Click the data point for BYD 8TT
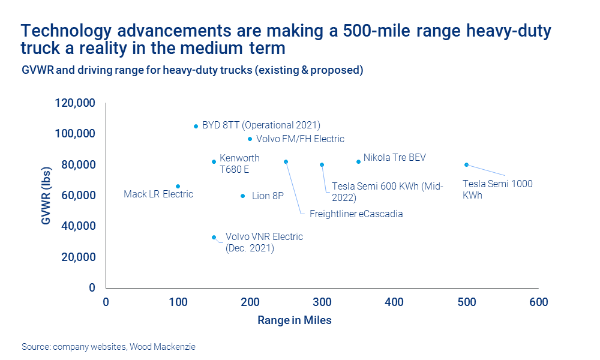coord(196,126)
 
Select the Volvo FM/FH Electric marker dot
coord(250,139)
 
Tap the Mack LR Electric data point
coord(178,186)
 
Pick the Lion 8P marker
coord(242,196)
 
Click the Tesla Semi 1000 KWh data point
coord(466,164)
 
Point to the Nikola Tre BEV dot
coord(358,161)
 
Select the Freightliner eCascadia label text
coord(356,214)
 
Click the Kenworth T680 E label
coord(239,164)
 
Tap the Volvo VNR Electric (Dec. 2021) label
coord(263,242)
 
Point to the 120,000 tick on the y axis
coord(74,103)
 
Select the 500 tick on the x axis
coord(467,302)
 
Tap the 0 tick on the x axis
coord(106,302)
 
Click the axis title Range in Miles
coord(294,320)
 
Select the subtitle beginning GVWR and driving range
coord(193,70)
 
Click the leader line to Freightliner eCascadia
coord(294,189)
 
